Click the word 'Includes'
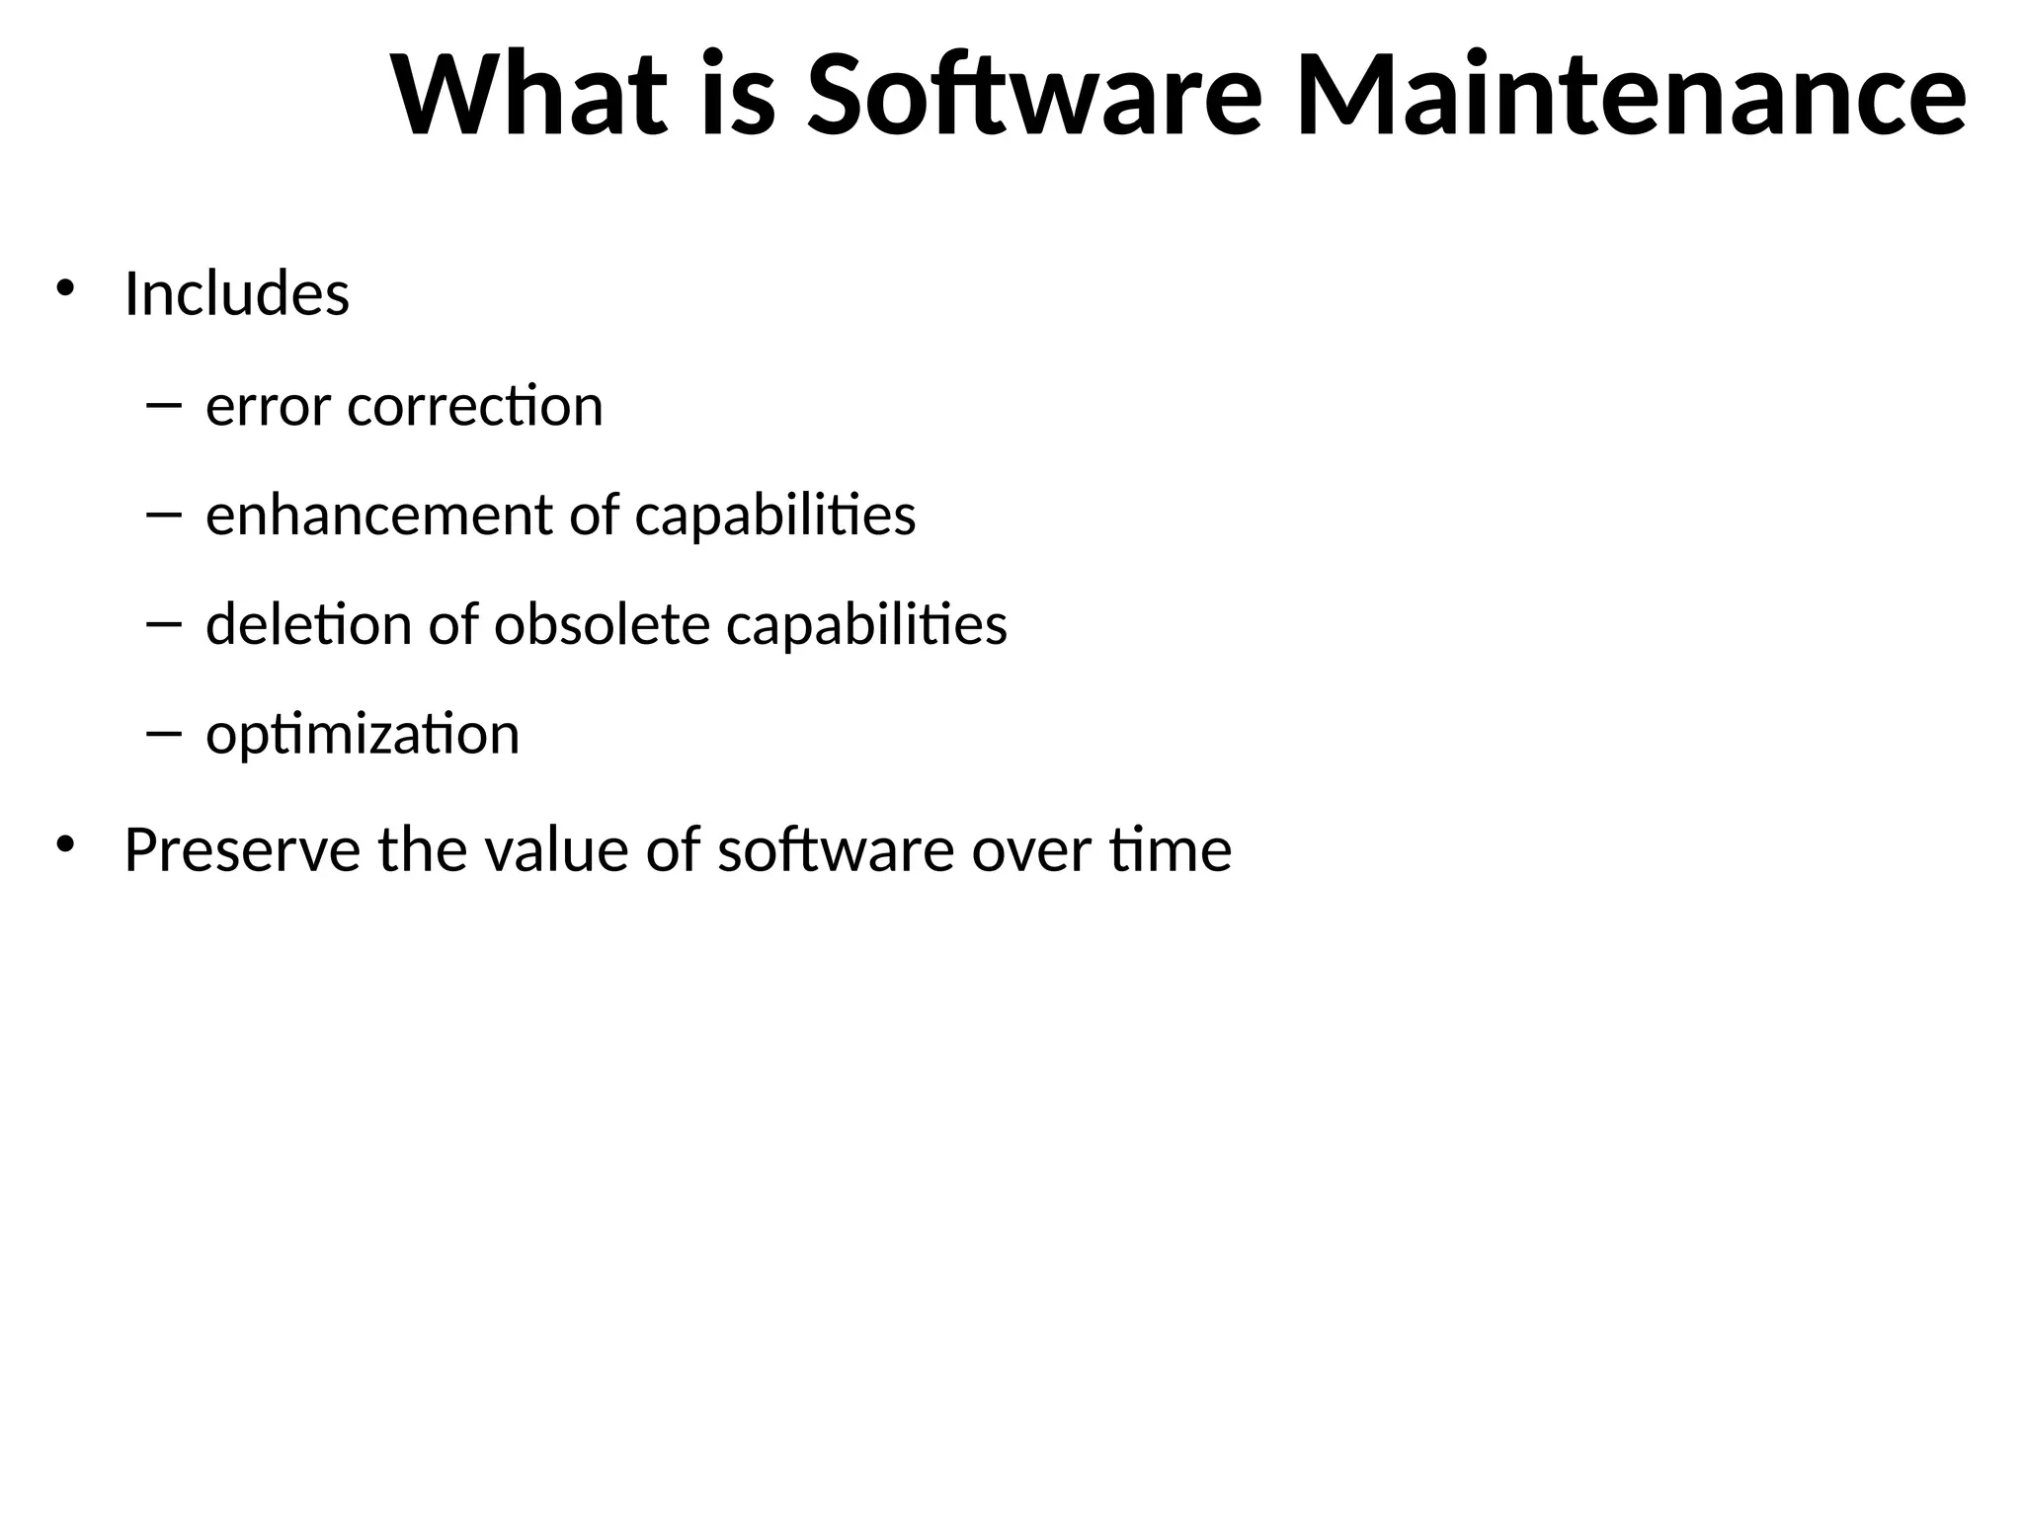236,293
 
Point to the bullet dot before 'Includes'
65,288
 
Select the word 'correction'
475,405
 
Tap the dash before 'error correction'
163,404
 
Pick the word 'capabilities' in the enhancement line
774,517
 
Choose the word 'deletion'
307,624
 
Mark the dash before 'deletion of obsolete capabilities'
163,623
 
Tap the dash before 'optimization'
163,733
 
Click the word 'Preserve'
242,849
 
